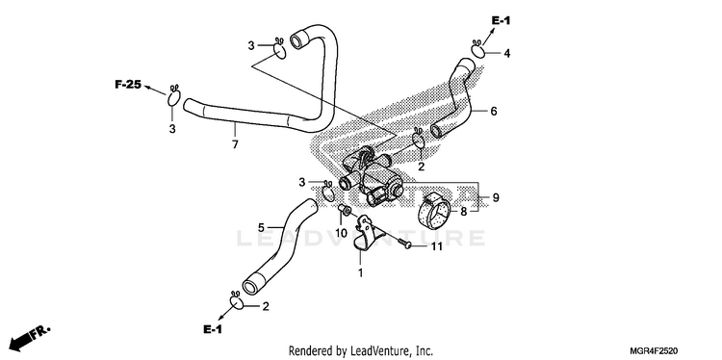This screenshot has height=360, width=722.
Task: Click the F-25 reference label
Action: coord(127,85)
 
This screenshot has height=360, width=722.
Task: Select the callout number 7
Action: coord(235,144)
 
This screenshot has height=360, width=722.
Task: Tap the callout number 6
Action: coord(494,111)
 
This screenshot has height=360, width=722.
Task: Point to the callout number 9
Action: coord(496,197)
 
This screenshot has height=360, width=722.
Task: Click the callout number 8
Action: coord(464,212)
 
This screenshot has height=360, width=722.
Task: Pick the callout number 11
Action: coord(436,246)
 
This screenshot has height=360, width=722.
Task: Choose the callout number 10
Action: coord(341,233)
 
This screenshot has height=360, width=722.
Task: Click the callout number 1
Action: coord(361,273)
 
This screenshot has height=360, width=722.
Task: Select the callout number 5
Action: coord(261,227)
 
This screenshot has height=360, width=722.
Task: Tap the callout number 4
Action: coord(506,53)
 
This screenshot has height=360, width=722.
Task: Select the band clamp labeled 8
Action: coord(434,211)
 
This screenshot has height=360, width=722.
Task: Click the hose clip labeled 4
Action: coord(477,48)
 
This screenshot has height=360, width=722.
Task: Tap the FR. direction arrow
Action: coord(29,337)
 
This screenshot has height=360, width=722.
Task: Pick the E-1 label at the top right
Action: coord(501,20)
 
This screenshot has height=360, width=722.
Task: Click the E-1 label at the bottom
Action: coord(213,329)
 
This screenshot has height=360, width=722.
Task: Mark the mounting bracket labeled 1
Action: coord(370,235)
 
